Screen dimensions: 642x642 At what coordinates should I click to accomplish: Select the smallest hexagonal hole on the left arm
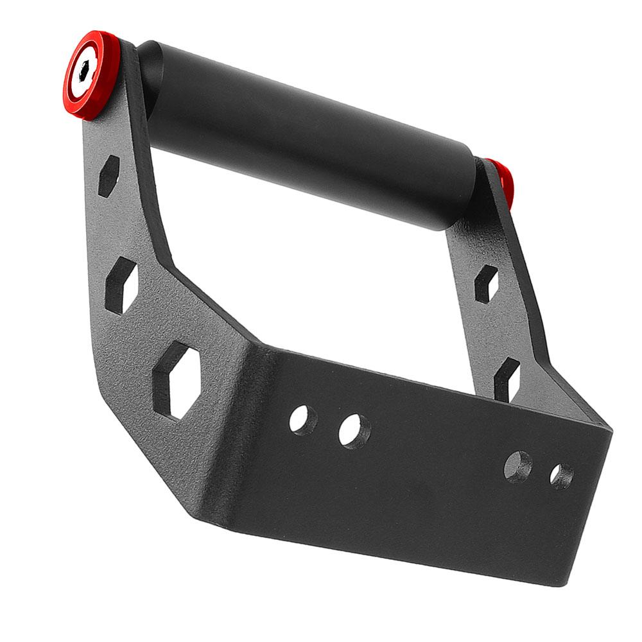tap(108, 175)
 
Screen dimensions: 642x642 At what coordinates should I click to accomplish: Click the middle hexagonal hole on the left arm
tap(121, 284)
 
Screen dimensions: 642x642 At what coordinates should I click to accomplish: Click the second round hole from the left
tap(354, 431)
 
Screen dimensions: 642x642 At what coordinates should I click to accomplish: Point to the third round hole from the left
tap(517, 467)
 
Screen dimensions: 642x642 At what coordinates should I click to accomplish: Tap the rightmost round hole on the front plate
tap(561, 476)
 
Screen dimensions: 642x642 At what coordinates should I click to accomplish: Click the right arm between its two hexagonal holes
tap(498, 331)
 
